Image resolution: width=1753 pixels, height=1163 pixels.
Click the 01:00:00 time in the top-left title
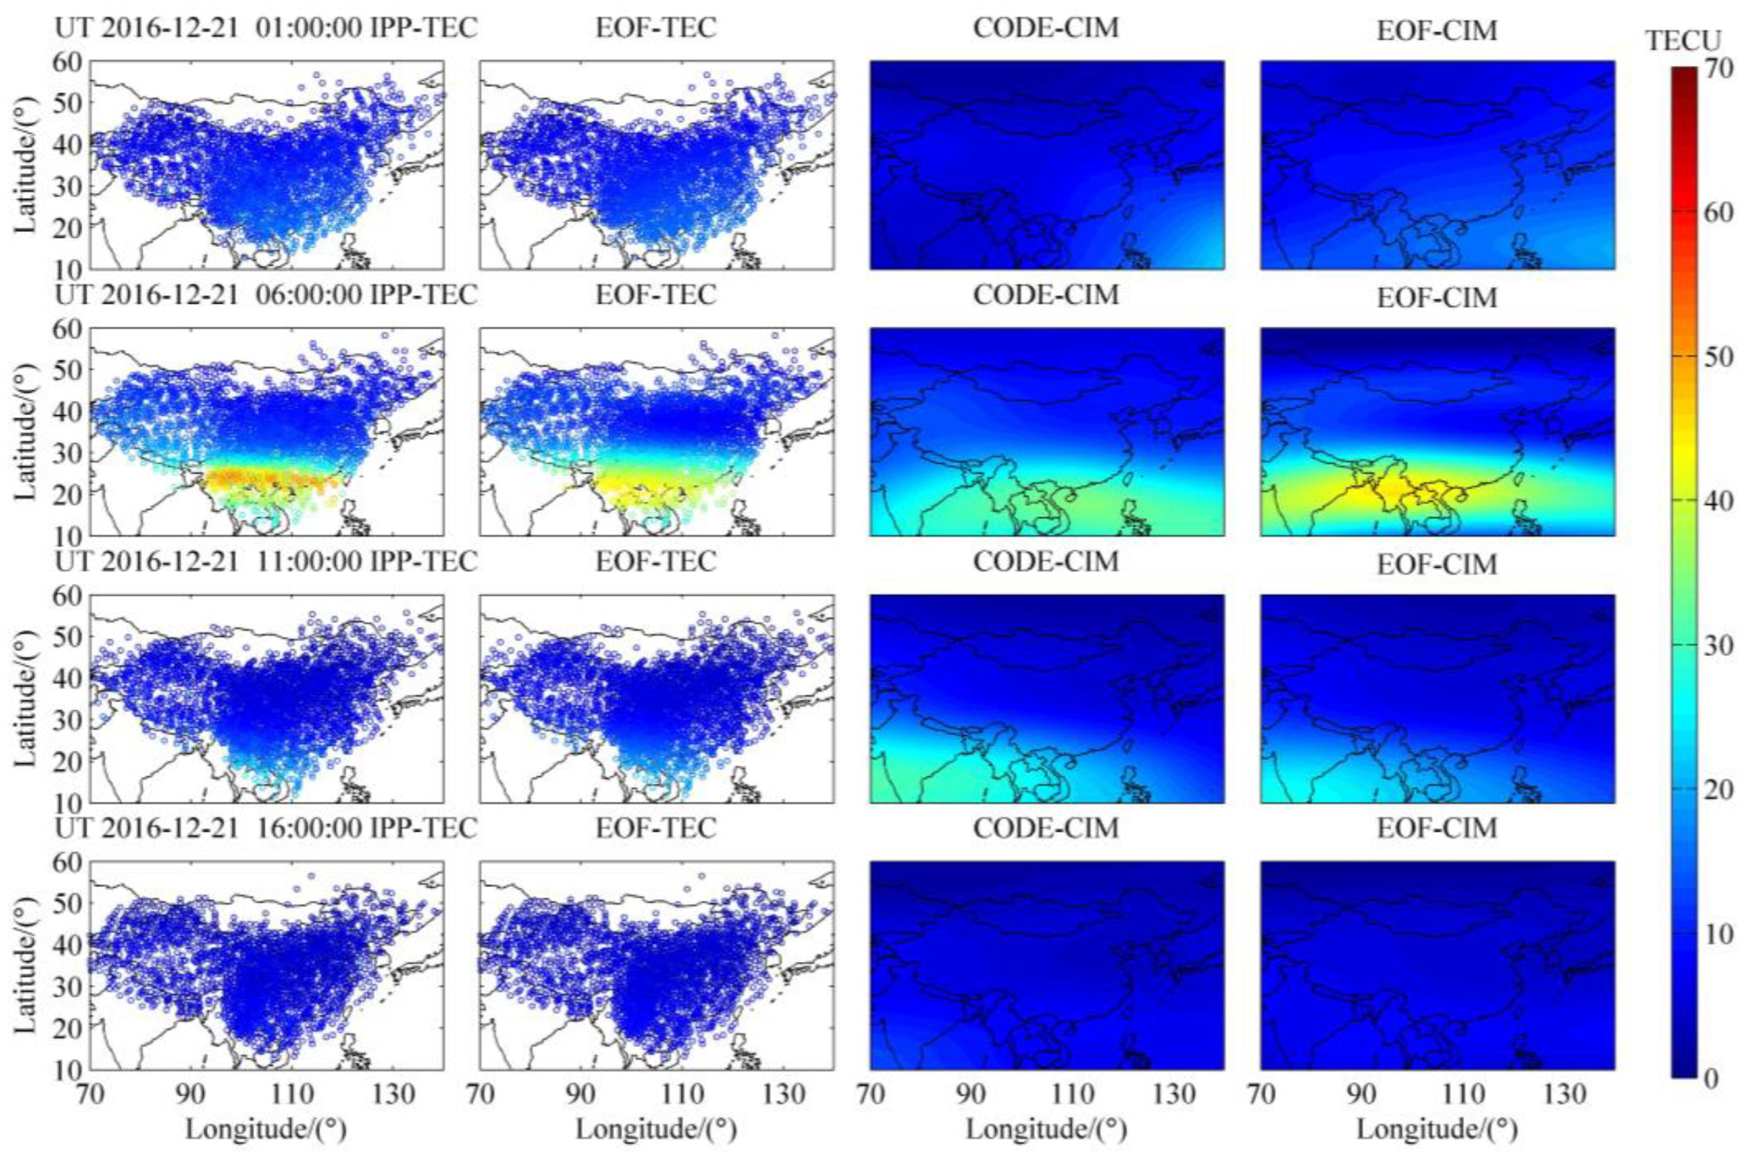309,28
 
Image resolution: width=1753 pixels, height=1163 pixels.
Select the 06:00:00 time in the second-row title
309,295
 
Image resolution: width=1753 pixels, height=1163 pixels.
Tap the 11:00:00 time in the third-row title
309,561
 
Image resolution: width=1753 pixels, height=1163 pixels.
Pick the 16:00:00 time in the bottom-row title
309,828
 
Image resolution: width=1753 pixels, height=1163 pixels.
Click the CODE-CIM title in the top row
1045,28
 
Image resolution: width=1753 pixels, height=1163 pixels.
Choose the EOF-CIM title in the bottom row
1437,828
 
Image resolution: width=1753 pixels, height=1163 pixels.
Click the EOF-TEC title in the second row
656,295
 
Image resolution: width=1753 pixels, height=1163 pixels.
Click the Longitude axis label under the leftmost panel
266,1129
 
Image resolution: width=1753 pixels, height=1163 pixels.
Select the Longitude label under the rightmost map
1437,1129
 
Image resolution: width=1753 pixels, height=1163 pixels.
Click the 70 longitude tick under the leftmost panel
90,1095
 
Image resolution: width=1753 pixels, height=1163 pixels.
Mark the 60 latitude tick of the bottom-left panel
67,862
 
